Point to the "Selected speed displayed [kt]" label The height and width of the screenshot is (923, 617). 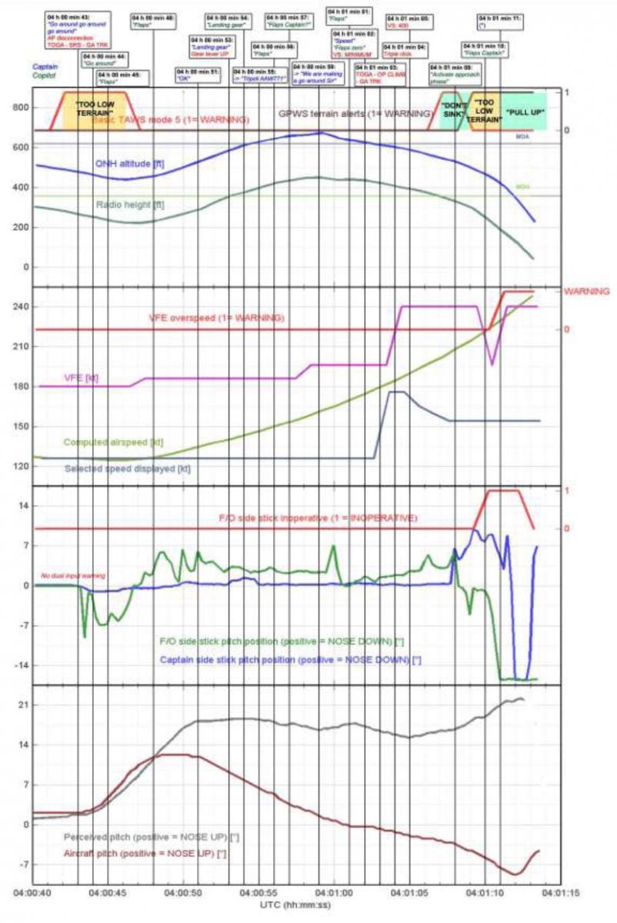coord(128,468)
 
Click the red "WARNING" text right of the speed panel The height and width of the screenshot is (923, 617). coord(587,292)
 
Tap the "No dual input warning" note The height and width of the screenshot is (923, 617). coord(73,575)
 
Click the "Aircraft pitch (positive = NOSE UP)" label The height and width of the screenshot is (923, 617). coord(137,855)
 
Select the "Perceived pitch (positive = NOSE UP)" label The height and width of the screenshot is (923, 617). coord(138,836)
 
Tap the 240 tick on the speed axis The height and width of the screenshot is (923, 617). coord(18,307)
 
